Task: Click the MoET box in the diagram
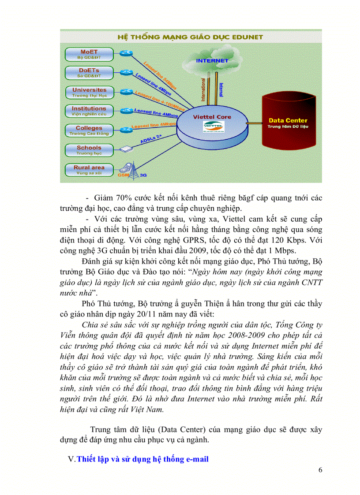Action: pos(89,54)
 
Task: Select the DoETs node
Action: pos(89,73)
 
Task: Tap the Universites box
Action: pos(89,92)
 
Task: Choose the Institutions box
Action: pos(89,111)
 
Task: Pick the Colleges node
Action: pos(89,130)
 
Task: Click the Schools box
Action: pos(89,150)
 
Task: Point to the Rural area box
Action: pos(89,170)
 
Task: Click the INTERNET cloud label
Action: pos(212,60)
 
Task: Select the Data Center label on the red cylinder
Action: pos(288,120)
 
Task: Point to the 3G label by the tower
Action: pos(142,175)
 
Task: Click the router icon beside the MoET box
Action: pos(127,53)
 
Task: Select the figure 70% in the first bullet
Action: pos(126,198)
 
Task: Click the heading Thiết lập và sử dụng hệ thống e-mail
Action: pos(142,459)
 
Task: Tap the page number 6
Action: pos(320,469)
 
